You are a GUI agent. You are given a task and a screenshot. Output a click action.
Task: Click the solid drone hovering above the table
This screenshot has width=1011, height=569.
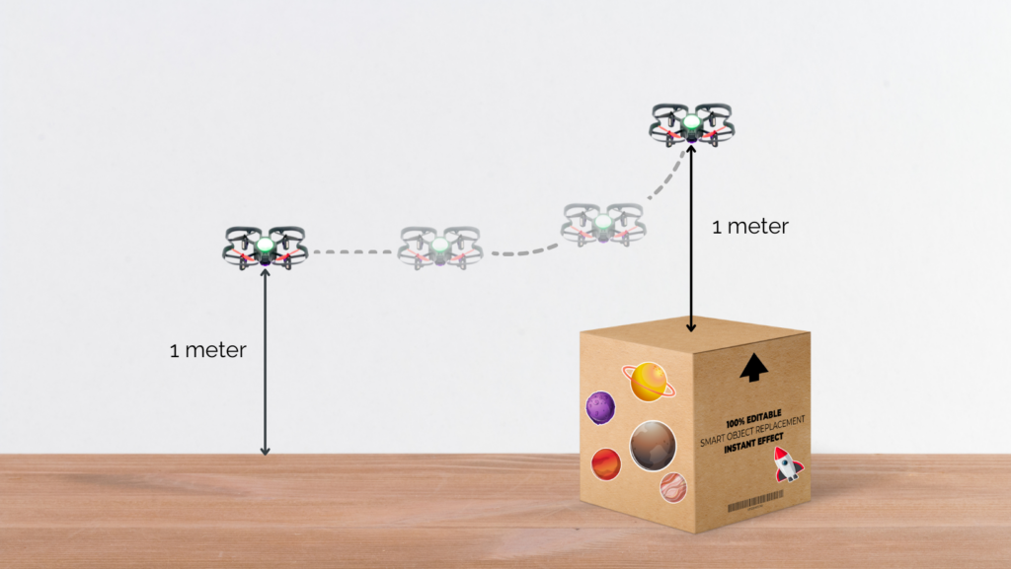pyautogui.click(x=265, y=247)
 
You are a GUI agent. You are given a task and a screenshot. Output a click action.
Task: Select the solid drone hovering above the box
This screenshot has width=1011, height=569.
pyautogui.click(x=691, y=123)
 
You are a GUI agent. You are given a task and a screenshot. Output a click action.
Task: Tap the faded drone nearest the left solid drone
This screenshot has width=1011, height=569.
pyautogui.click(x=439, y=247)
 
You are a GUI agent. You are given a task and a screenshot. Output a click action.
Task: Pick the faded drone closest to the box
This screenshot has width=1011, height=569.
pyautogui.click(x=603, y=224)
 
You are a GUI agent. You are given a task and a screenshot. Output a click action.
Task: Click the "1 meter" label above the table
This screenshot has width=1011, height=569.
pyautogui.click(x=207, y=350)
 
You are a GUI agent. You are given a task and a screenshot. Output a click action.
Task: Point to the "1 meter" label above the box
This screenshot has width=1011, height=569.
pyautogui.click(x=750, y=227)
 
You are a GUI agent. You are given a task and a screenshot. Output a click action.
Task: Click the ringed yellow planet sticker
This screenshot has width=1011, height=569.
pyautogui.click(x=649, y=382)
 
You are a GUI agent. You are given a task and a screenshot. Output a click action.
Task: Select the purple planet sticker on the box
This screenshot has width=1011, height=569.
pyautogui.click(x=601, y=405)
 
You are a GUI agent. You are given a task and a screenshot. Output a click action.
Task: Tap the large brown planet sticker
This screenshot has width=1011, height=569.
pyautogui.click(x=652, y=445)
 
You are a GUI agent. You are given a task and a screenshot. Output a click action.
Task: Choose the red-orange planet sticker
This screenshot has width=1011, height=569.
pyautogui.click(x=605, y=462)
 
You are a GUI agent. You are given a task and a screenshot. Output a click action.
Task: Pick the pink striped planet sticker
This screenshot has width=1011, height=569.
pyautogui.click(x=673, y=485)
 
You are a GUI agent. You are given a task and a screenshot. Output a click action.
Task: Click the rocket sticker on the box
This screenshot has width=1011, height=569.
pyautogui.click(x=787, y=462)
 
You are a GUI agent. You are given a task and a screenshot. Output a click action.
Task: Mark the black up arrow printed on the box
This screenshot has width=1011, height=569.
pyautogui.click(x=753, y=367)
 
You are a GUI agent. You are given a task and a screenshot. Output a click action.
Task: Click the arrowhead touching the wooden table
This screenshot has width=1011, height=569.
pyautogui.click(x=265, y=450)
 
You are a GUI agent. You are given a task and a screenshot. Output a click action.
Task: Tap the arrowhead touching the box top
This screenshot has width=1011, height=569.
pyautogui.click(x=691, y=326)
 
